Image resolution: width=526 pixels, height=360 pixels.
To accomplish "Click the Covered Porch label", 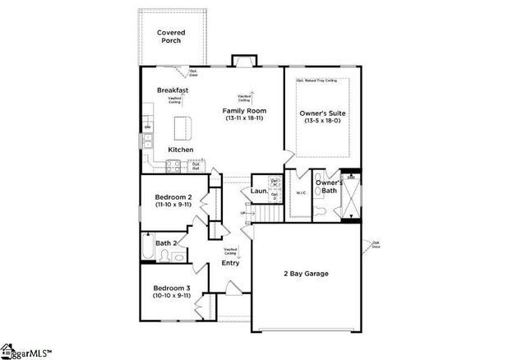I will point(171,37).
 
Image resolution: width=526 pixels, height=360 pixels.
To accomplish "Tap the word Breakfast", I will point(173,90).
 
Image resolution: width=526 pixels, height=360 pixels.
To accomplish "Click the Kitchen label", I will point(181,150).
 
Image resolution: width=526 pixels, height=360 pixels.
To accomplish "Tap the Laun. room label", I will point(257,192).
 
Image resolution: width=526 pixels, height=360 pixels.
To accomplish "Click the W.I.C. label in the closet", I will point(300,194).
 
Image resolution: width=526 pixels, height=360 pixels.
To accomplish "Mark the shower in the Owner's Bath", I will point(352,197).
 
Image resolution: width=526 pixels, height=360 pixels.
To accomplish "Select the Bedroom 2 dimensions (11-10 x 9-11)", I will point(173,205).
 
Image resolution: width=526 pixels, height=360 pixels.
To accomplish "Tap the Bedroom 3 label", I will point(173,288).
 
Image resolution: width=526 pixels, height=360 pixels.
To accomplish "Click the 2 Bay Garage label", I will point(306,272).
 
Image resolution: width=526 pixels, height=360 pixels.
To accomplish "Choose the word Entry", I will point(230,263).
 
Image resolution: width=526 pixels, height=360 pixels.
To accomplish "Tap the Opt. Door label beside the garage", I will point(376,243).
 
